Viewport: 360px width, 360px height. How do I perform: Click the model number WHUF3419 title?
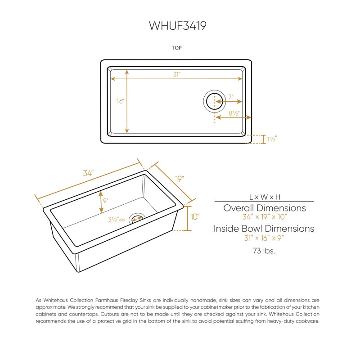click(x=177, y=26)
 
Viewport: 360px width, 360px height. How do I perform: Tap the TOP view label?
click(x=177, y=48)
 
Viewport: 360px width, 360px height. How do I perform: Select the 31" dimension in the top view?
click(x=176, y=74)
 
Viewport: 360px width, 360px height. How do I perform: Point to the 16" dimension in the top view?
click(x=120, y=101)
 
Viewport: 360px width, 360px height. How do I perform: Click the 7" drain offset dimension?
click(x=231, y=97)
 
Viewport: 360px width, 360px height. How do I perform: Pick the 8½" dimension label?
click(x=234, y=113)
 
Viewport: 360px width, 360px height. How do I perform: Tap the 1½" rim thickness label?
click(x=272, y=139)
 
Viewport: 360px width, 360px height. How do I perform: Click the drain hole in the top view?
click(x=215, y=101)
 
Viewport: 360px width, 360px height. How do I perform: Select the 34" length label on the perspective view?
click(x=88, y=173)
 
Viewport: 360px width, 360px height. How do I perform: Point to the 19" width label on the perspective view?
click(x=180, y=179)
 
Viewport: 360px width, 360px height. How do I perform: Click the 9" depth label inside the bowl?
click(x=106, y=201)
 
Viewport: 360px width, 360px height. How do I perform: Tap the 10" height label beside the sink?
click(x=195, y=217)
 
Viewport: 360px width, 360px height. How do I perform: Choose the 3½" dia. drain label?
click(x=117, y=220)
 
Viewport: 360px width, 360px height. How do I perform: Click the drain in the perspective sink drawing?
click(x=137, y=218)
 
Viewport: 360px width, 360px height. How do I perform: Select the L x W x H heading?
click(x=265, y=197)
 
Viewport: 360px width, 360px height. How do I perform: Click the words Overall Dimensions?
click(x=265, y=208)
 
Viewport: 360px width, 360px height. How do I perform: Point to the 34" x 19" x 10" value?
click(x=265, y=217)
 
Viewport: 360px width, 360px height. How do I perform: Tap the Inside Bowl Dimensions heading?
click(x=264, y=229)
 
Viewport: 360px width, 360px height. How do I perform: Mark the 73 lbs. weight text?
click(x=264, y=251)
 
